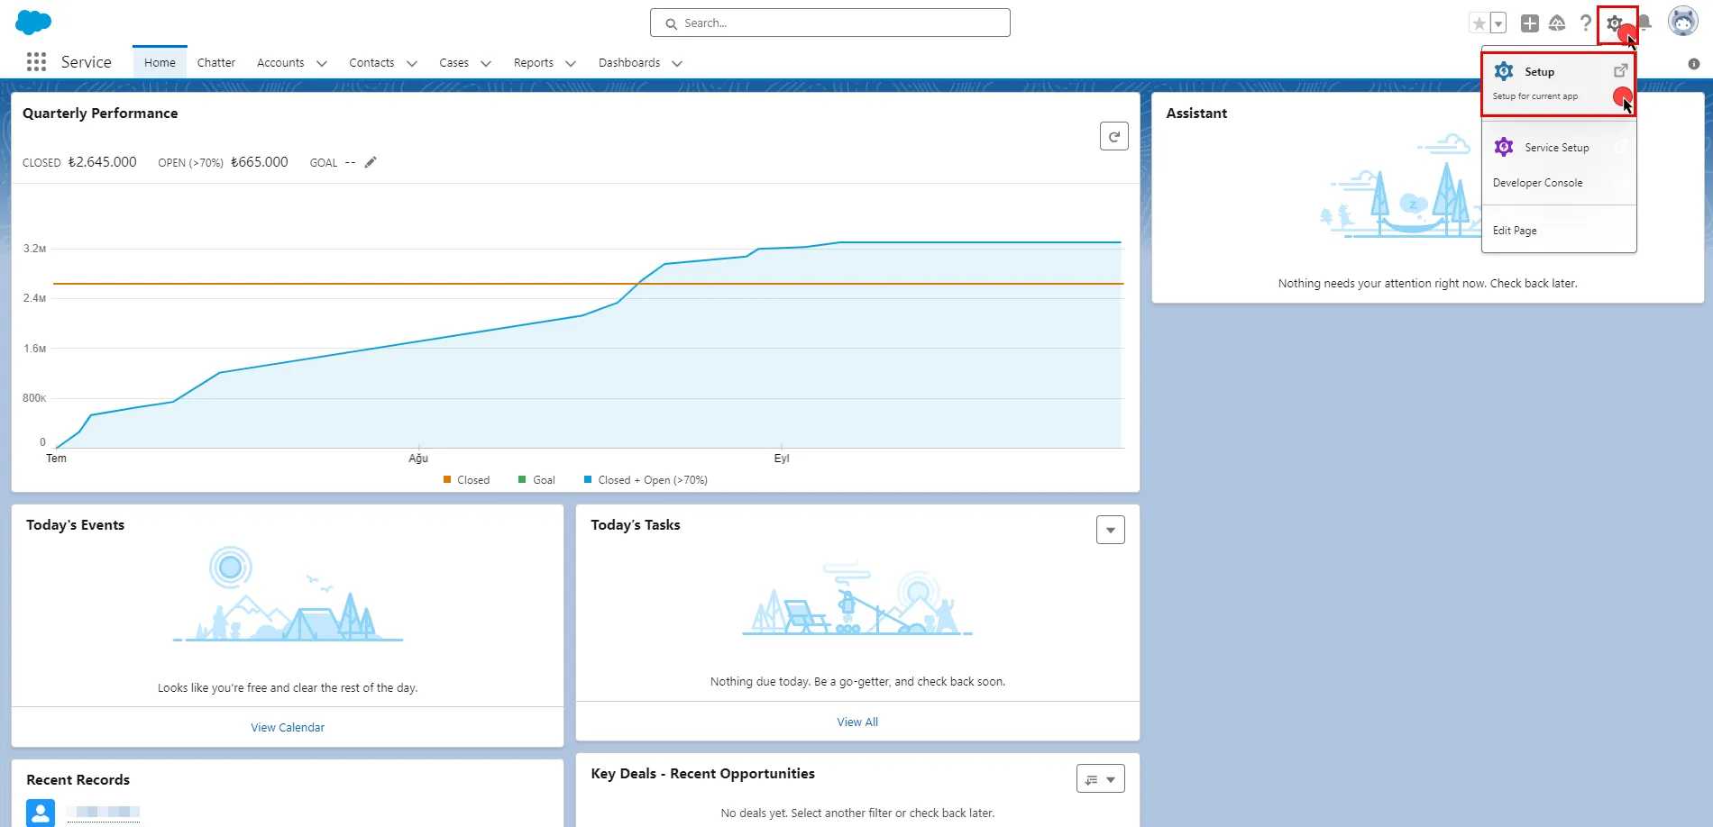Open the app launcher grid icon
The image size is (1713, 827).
coord(36,62)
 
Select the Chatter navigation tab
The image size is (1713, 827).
coord(215,63)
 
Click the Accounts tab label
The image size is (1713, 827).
coord(280,63)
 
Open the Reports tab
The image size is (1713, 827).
coord(533,63)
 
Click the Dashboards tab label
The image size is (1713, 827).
coord(628,63)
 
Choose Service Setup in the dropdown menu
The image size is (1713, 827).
coord(1556,148)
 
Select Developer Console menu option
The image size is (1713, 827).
coord(1537,183)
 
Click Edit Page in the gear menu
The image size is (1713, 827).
coord(1515,231)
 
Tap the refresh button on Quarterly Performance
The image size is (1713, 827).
coord(1113,137)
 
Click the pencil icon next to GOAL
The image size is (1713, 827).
coord(371,162)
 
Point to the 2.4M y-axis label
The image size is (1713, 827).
coord(34,298)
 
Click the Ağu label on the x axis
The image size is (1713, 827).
coord(418,459)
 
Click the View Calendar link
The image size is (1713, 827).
coord(288,728)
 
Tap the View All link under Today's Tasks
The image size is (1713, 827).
coord(856,722)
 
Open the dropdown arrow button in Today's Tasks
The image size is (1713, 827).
coord(1110,531)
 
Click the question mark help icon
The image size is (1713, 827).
coord(1586,23)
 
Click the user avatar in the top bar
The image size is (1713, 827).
coord(1682,22)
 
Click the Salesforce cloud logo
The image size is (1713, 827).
coord(33,22)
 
